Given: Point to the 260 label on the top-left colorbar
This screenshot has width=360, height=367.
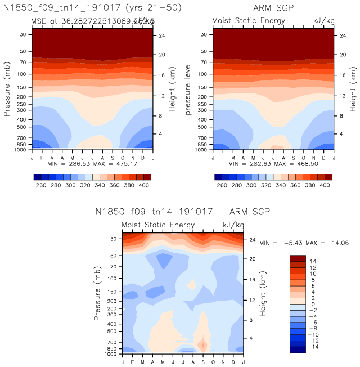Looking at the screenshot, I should pyautogui.click(x=39, y=185).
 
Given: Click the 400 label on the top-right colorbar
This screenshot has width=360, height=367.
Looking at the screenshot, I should pyautogui.click(x=326, y=185).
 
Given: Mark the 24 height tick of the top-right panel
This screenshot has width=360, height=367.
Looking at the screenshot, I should pyautogui.click(x=341, y=35).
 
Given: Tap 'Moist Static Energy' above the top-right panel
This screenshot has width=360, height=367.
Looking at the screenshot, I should pyautogui.click(x=248, y=21).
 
